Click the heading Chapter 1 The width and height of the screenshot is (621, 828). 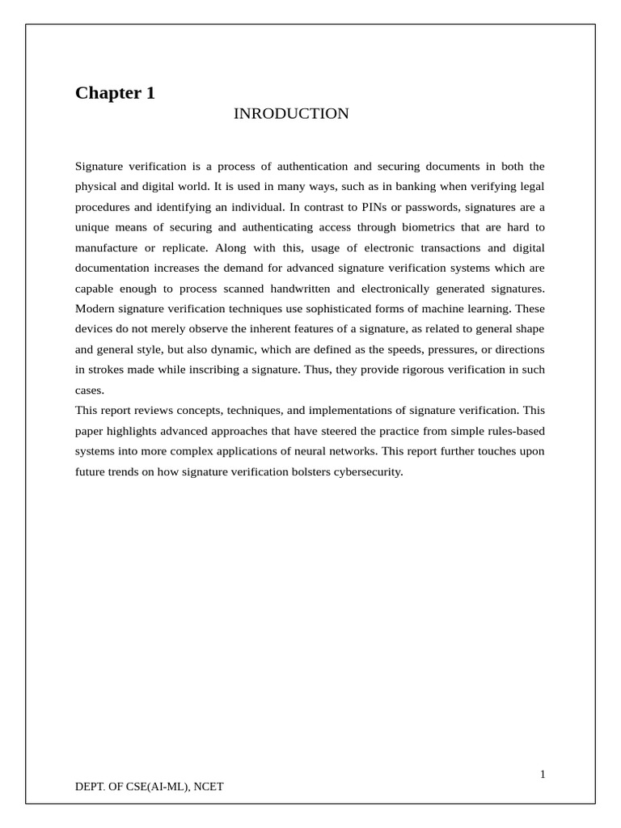pos(115,93)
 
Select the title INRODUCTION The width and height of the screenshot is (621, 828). pos(291,114)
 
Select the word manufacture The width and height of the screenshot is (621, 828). pos(106,248)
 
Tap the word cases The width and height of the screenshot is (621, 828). pos(89,391)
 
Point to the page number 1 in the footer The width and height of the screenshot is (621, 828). pos(543,775)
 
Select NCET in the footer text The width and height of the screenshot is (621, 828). pos(209,786)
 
